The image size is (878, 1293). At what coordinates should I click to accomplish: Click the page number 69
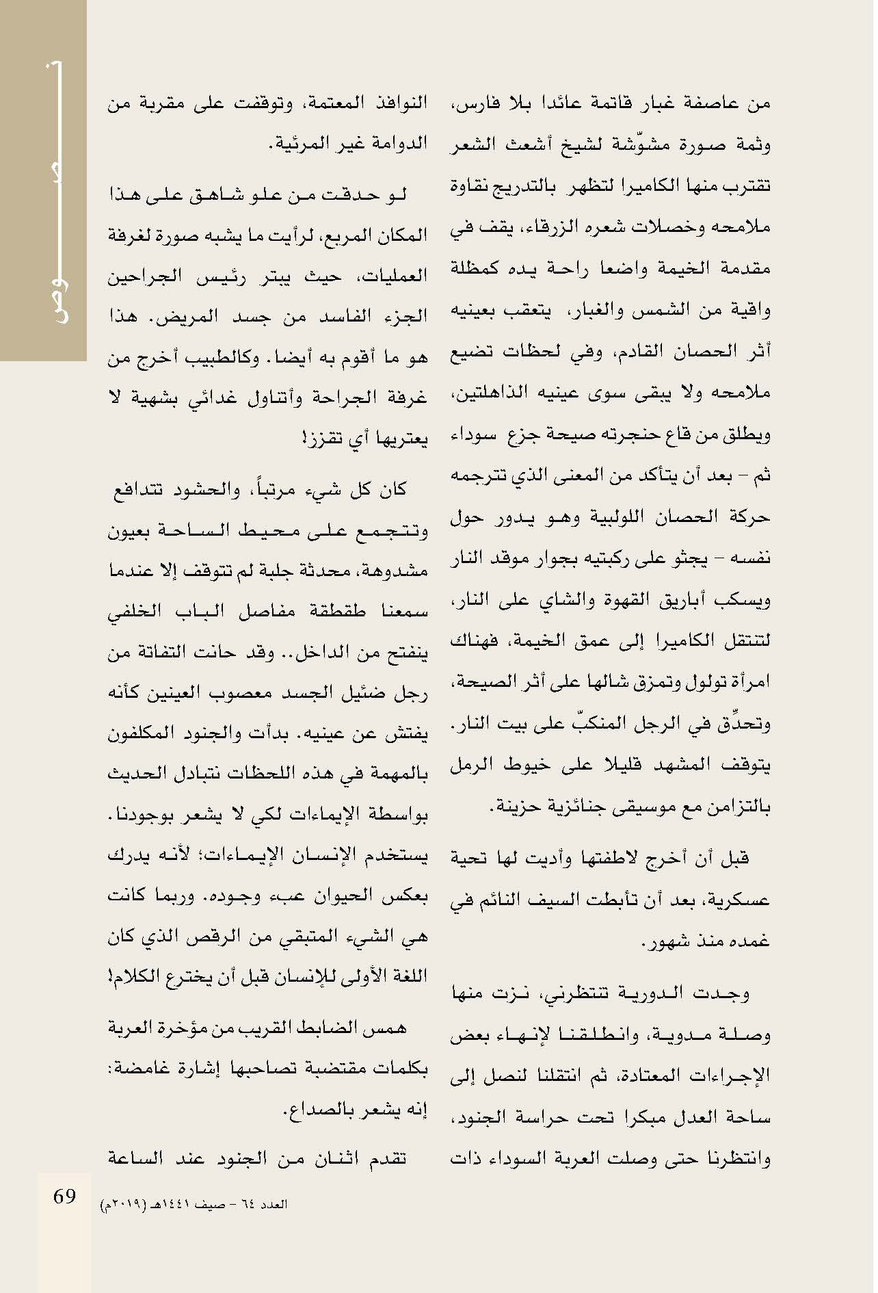pyautogui.click(x=64, y=1197)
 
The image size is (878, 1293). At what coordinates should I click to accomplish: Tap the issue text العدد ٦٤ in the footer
pyautogui.click(x=271, y=1205)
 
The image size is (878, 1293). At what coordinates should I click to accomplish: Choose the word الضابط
pyautogui.click(x=328, y=1028)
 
